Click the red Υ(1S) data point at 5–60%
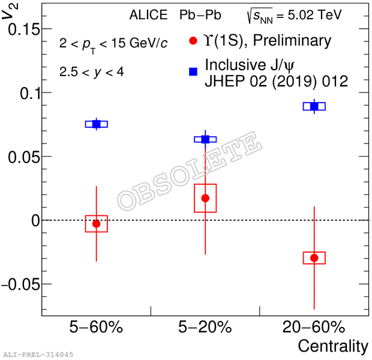pyautogui.click(x=96, y=223)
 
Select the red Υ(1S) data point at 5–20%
pyautogui.click(x=205, y=198)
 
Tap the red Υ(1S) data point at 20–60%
pyautogui.click(x=314, y=257)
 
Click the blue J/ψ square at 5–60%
pyautogui.click(x=96, y=124)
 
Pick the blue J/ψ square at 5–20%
pyautogui.click(x=205, y=139)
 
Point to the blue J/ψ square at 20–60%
pyautogui.click(x=314, y=106)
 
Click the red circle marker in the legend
pyautogui.click(x=193, y=41)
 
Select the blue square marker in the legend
pyautogui.click(x=193, y=72)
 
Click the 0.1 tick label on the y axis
pyautogui.click(x=26, y=93)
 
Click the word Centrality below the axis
pyautogui.click(x=333, y=346)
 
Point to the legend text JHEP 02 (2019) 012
pyautogui.click(x=276, y=81)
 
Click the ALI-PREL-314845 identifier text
pyautogui.click(x=38, y=355)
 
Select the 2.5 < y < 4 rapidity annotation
pyautogui.click(x=92, y=72)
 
